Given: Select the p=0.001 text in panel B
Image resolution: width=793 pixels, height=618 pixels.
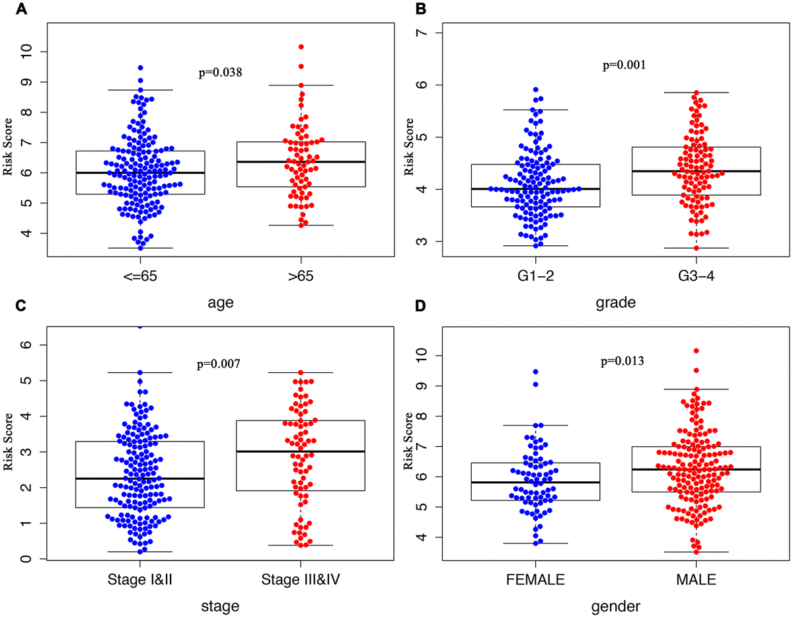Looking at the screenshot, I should point(624,65).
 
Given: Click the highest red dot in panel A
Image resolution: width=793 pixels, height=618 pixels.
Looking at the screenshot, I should point(301,47).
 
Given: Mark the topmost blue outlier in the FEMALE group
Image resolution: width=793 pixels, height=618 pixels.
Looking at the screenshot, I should point(535,371).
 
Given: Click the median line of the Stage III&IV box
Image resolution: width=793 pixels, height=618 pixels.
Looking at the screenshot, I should point(301,451).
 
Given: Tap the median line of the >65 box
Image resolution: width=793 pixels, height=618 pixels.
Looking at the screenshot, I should point(301,161).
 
